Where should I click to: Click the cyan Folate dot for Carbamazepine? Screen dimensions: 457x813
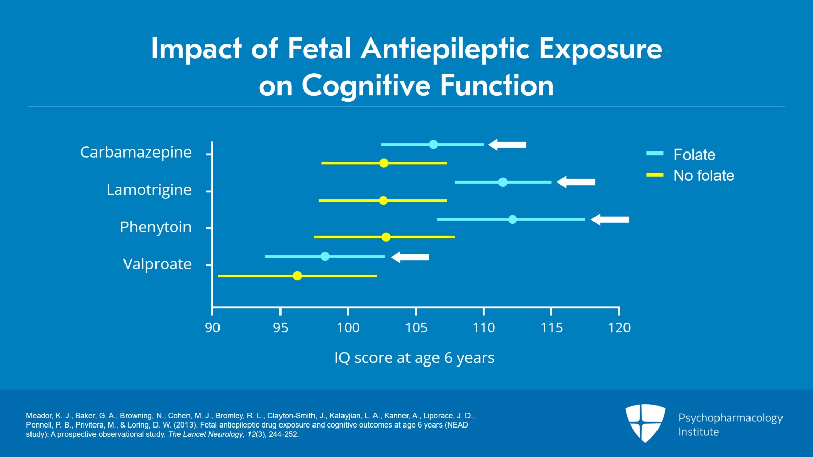pos(433,145)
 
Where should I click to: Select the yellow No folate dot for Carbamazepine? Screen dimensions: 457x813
pos(384,163)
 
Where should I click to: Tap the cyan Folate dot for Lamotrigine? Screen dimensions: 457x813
pos(503,182)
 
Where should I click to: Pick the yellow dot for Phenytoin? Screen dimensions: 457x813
pos(386,237)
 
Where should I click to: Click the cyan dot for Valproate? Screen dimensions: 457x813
pos(325,256)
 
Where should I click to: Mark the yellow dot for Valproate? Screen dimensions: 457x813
pos(297,276)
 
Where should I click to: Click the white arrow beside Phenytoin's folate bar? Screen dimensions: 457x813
pos(610,220)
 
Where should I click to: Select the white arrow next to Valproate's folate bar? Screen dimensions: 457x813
pos(410,257)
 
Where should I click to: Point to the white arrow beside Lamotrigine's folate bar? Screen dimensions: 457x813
pos(576,182)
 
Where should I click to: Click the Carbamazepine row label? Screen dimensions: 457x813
pos(136,152)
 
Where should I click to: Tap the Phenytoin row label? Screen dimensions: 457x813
pos(155,227)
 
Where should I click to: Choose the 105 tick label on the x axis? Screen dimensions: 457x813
pos(416,328)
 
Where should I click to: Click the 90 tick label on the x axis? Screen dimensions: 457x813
pos(212,328)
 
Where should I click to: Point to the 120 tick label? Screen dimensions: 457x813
pos(619,328)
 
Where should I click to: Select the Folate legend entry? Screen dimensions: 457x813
pos(694,155)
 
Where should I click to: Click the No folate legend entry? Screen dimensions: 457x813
pos(703,176)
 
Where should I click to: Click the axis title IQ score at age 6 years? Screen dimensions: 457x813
pos(414,358)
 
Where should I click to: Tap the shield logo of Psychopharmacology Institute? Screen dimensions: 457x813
pos(645,422)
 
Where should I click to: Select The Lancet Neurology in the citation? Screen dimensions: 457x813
pos(205,434)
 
